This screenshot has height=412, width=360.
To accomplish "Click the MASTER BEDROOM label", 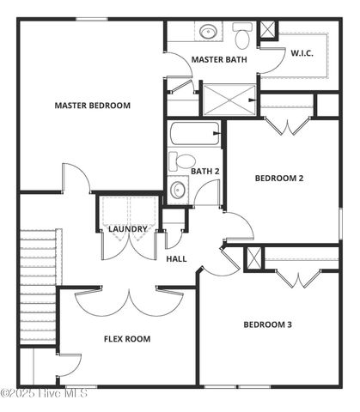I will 92,106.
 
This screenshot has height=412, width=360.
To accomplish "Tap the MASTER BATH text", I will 219,60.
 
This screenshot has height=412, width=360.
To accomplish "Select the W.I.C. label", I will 302,53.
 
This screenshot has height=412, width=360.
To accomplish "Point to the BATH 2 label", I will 205,172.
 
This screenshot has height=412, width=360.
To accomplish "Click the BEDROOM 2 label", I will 279,179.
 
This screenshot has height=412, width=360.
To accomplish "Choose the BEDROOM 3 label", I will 267,324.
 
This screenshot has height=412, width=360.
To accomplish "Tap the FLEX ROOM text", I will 127,339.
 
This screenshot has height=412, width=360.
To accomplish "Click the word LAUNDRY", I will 127,229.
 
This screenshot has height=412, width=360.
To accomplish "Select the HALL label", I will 176,258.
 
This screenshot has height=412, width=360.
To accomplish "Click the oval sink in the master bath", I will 209,33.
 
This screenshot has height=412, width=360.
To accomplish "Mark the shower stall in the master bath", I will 229,99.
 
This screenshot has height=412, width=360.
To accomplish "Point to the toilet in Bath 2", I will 183,161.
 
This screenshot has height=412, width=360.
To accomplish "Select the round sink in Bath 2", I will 179,189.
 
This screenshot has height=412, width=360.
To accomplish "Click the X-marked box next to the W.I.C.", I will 268,29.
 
